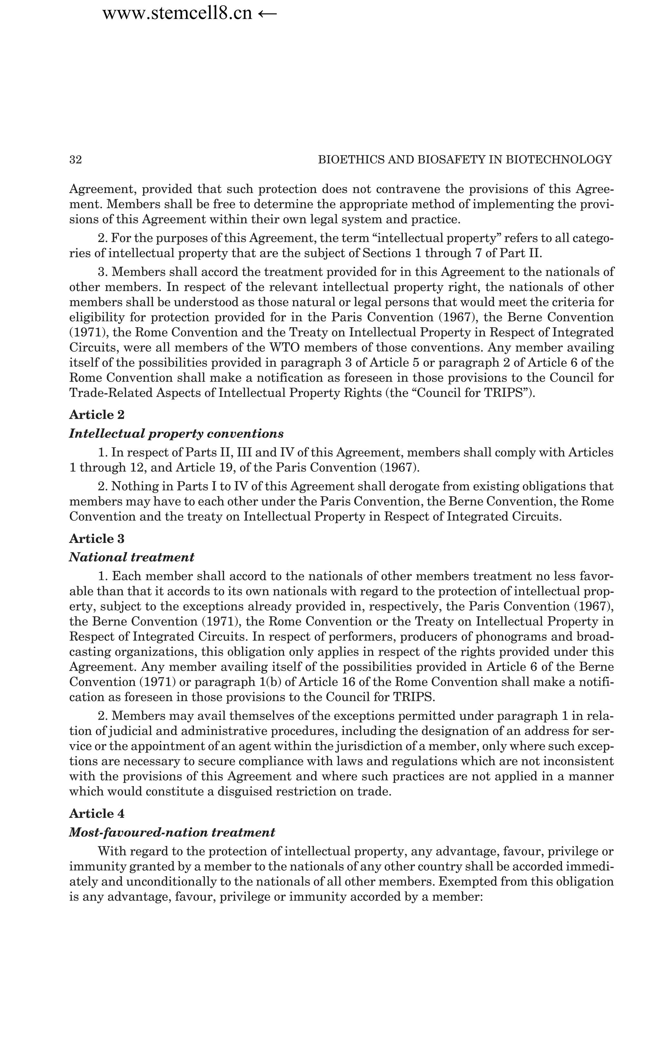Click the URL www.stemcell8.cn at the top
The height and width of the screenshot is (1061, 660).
coord(177,14)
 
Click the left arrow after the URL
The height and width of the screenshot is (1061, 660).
coord(267,14)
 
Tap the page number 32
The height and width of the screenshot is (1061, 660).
coord(75,160)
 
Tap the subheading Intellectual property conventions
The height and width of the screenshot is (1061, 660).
coord(176,433)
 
